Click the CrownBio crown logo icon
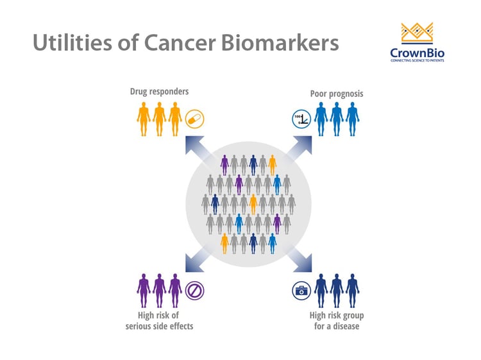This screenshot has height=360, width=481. [x=417, y=33]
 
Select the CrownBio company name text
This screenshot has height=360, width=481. [x=417, y=53]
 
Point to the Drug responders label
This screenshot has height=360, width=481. [x=159, y=92]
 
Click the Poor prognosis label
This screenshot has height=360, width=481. [x=337, y=94]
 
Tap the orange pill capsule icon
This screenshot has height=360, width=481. [x=195, y=119]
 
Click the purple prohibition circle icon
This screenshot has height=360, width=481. [x=194, y=290]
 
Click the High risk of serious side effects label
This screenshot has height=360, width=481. [x=159, y=321]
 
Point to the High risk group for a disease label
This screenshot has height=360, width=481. [x=337, y=321]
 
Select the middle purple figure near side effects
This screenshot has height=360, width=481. [x=159, y=290]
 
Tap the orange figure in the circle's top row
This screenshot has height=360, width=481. [x=273, y=165]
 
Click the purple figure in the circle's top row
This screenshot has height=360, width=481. [x=224, y=165]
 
